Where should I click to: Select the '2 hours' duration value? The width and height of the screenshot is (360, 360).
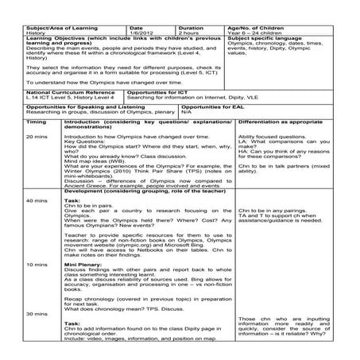click(191, 31)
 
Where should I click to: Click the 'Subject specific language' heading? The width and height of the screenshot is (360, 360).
click(265, 37)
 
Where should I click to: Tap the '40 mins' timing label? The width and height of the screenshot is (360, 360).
click(37, 200)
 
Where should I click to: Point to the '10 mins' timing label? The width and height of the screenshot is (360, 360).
click(37, 262)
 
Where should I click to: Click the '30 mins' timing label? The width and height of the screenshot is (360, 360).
click(37, 313)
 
